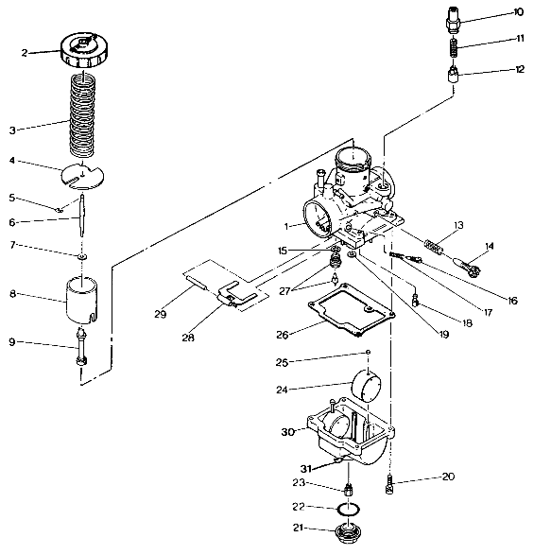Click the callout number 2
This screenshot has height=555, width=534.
[26, 53]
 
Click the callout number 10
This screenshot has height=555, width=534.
[518, 12]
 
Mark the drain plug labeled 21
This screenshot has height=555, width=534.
[350, 530]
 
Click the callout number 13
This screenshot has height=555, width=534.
[457, 226]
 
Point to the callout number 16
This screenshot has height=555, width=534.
[512, 301]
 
